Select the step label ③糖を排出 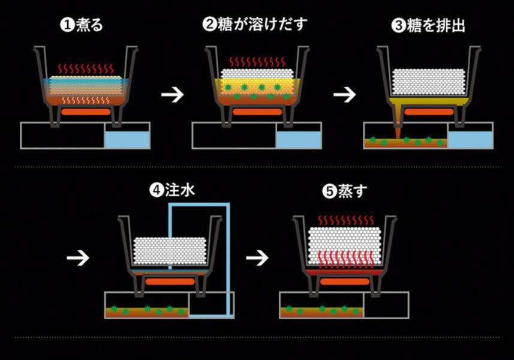[x=428, y=26]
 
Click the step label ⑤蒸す [x=345, y=191]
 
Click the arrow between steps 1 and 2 [x=172, y=95]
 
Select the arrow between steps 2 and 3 [x=344, y=95]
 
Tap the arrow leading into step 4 [x=78, y=258]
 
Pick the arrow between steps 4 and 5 [x=257, y=258]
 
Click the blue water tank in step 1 [x=127, y=140]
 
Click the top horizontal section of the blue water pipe [x=199, y=205]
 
